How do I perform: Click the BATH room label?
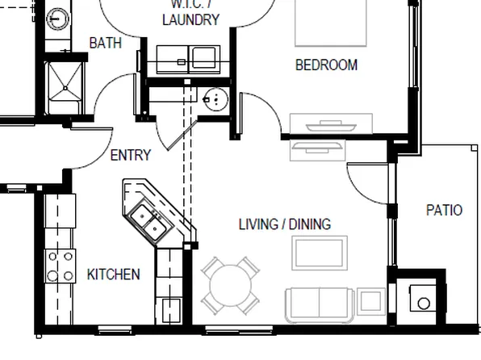point(106,43)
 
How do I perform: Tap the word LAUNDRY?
point(190,20)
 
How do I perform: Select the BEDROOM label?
point(326,65)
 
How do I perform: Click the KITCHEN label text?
point(113,275)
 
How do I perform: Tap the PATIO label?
point(444,211)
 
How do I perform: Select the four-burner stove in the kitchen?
point(59,266)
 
